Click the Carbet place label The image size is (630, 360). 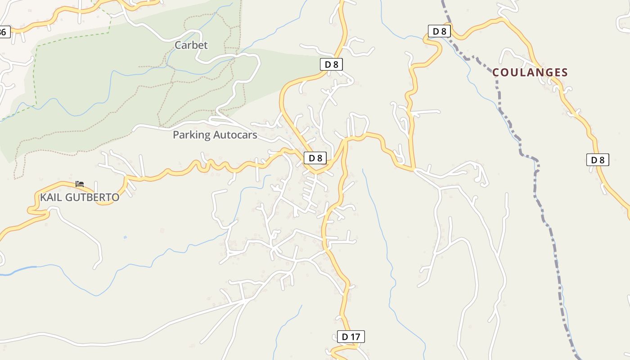pyautogui.click(x=191, y=45)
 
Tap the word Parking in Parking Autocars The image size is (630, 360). pyautogui.click(x=192, y=135)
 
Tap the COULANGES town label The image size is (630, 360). pyautogui.click(x=530, y=72)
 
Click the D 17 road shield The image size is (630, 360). pyautogui.click(x=351, y=336)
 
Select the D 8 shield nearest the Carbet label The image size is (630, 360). pyautogui.click(x=331, y=64)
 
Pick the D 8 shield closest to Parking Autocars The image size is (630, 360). pyautogui.click(x=315, y=158)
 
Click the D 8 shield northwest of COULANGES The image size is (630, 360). pyautogui.click(x=439, y=31)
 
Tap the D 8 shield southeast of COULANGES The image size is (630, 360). pyautogui.click(x=598, y=160)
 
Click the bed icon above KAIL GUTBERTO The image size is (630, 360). pyautogui.click(x=80, y=184)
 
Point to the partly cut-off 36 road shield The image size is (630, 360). pyautogui.click(x=4, y=32)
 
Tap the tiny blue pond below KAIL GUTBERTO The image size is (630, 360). pyautogui.click(x=125, y=237)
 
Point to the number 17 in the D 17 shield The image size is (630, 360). pyautogui.click(x=355, y=336)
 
